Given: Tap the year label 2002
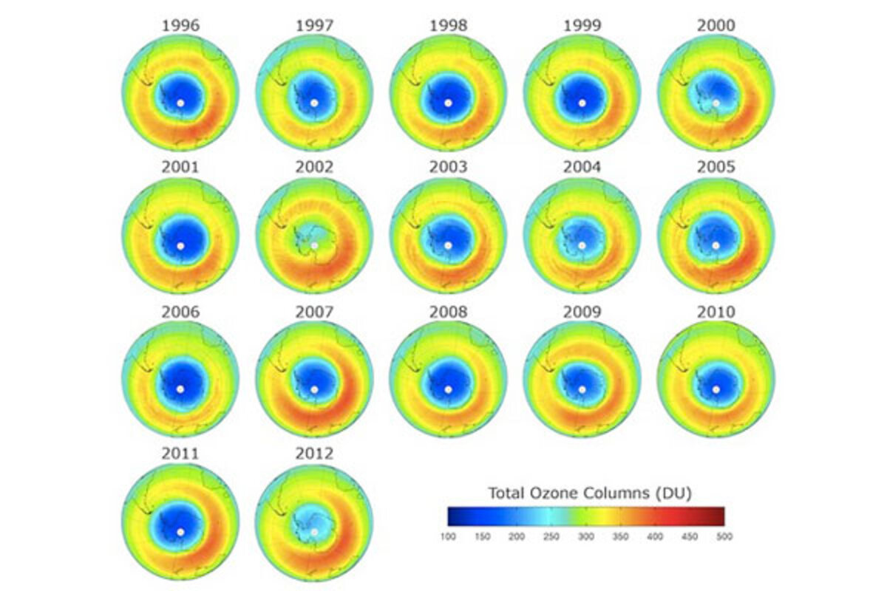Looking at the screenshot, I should pos(314,168).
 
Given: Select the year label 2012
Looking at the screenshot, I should pos(314,453).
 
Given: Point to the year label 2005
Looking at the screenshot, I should pos(716,168).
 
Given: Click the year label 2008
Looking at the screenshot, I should pos(448,312).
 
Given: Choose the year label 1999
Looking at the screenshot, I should pos(582,26).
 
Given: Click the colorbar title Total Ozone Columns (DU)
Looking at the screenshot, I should pos(589,492).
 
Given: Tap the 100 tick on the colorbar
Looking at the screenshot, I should pos(448,537).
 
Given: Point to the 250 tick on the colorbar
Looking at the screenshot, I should pos(551,537).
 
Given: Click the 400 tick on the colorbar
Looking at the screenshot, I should pos(655,537).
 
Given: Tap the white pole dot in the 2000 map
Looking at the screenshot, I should pos(716,103).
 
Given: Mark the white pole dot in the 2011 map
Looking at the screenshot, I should pos(180,530).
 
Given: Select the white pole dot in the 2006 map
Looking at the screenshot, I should pos(180,389).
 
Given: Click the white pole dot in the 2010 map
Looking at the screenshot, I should pos(716,389).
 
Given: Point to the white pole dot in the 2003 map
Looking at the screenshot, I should pos(448,245).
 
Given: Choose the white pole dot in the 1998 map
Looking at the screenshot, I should pos(448,103).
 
